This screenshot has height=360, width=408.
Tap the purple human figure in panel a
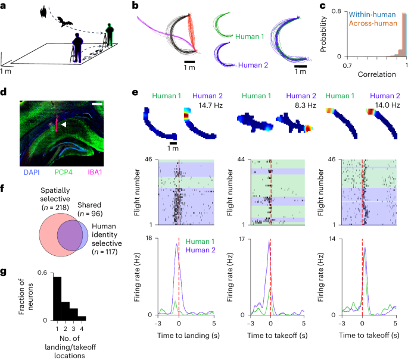click(x=78, y=46)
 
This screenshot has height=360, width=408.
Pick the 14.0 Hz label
click(x=384, y=105)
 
